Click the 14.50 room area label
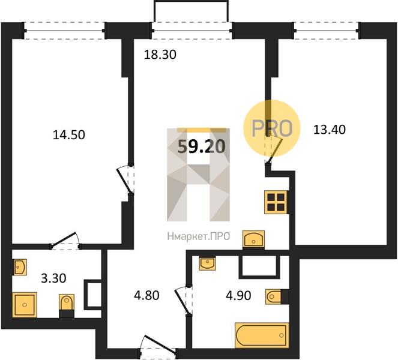tap(69, 135)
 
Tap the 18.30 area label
tap(160, 55)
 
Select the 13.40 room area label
tap(330, 130)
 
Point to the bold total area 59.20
tap(201, 146)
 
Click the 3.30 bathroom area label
tap(53, 278)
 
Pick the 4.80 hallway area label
tap(146, 296)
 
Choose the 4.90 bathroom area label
tap(238, 296)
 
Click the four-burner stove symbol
tap(276, 202)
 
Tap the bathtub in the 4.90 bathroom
tap(262, 335)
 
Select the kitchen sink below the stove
tap(253, 239)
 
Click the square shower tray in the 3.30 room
tap(25, 305)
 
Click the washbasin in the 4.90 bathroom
tap(207, 263)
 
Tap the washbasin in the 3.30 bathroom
tap(20, 267)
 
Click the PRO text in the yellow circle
tap(272, 128)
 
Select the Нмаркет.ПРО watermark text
tap(199, 236)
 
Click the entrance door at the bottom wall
tap(158, 345)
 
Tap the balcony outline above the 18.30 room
tap(191, 11)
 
